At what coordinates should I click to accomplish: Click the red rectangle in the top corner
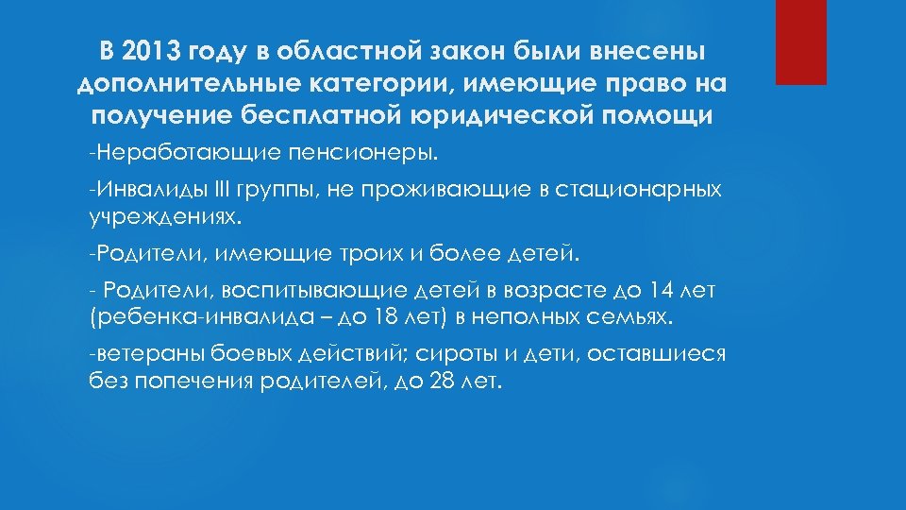(800, 42)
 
